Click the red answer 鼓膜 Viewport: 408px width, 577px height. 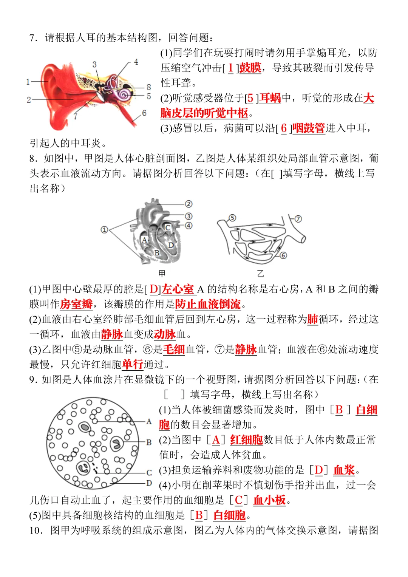coord(250,68)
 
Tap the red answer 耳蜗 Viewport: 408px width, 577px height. coord(270,98)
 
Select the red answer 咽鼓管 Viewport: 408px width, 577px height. coord(308,128)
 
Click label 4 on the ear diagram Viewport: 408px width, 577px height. coord(136,62)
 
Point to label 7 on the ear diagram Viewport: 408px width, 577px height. coord(76,117)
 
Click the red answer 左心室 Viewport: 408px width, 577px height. coord(178,289)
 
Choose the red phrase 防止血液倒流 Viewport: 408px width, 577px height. coord(208,305)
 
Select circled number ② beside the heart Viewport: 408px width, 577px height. coord(189,204)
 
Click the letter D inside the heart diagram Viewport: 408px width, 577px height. coord(171,245)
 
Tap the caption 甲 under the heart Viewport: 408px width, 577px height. coord(162,273)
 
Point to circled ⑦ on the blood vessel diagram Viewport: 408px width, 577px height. coord(298,219)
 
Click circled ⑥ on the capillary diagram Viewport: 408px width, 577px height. coord(283,255)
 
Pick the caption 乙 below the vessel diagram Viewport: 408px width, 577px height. coord(260,273)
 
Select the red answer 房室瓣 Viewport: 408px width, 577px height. coord(76,305)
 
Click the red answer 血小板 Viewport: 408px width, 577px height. coord(269,500)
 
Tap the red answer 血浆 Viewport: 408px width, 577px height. coord(344,470)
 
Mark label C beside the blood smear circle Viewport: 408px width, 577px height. coord(149,473)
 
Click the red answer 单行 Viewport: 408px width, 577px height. coord(132,365)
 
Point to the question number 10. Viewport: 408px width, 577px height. coord(36,531)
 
